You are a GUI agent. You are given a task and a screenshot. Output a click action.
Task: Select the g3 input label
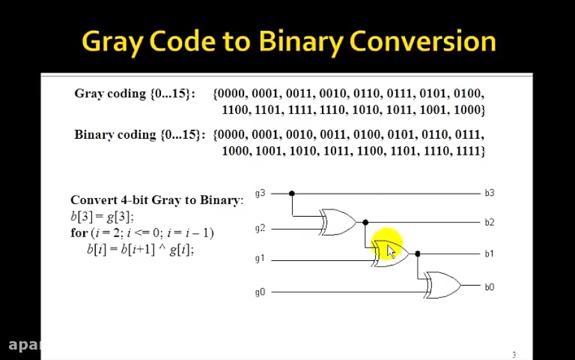[x=260, y=192]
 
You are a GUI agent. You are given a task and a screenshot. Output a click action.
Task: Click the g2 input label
[x=260, y=228]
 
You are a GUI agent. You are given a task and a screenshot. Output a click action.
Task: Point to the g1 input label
[x=260, y=259]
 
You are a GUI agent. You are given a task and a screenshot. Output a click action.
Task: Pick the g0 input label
[x=260, y=292]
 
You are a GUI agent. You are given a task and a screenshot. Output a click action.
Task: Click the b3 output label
[x=489, y=192]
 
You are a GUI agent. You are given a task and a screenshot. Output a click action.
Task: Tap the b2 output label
[x=489, y=223]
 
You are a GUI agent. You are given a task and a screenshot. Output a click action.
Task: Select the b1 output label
[x=489, y=254]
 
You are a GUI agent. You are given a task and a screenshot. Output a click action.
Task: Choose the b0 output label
[x=489, y=287]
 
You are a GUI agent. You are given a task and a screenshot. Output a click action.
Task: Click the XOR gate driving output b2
[x=339, y=222]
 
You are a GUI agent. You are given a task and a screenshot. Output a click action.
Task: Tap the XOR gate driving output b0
[x=443, y=286]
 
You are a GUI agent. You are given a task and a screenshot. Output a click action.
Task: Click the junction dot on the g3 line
[x=292, y=193]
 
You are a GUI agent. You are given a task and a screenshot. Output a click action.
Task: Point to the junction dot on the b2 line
[x=365, y=223]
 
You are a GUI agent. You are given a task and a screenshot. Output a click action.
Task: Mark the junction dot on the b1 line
[x=418, y=254]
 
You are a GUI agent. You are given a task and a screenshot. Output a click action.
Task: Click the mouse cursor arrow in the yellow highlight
[x=391, y=251]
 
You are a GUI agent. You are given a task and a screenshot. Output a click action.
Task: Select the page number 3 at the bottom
[x=514, y=355]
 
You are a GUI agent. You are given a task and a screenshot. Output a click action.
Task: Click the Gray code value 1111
[x=300, y=110]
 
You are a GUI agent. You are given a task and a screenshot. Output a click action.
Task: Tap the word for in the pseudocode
[x=78, y=233]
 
